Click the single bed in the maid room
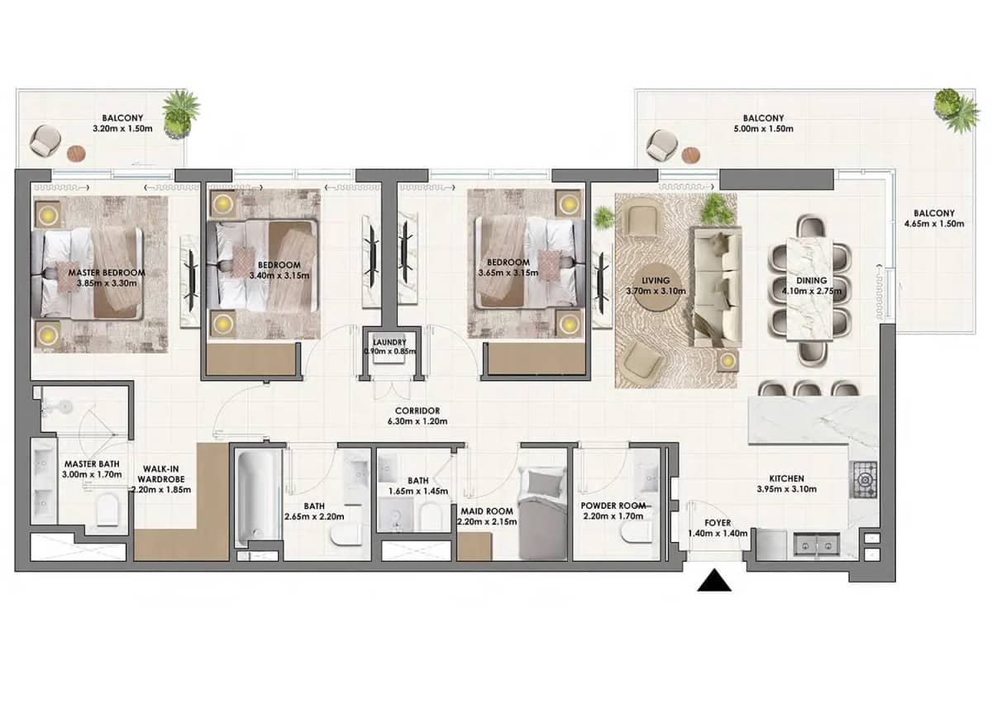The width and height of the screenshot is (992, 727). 542,514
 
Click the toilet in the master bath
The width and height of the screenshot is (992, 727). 108,512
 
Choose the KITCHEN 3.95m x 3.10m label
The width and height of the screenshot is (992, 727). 785,483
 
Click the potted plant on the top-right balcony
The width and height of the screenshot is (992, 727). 957,110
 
